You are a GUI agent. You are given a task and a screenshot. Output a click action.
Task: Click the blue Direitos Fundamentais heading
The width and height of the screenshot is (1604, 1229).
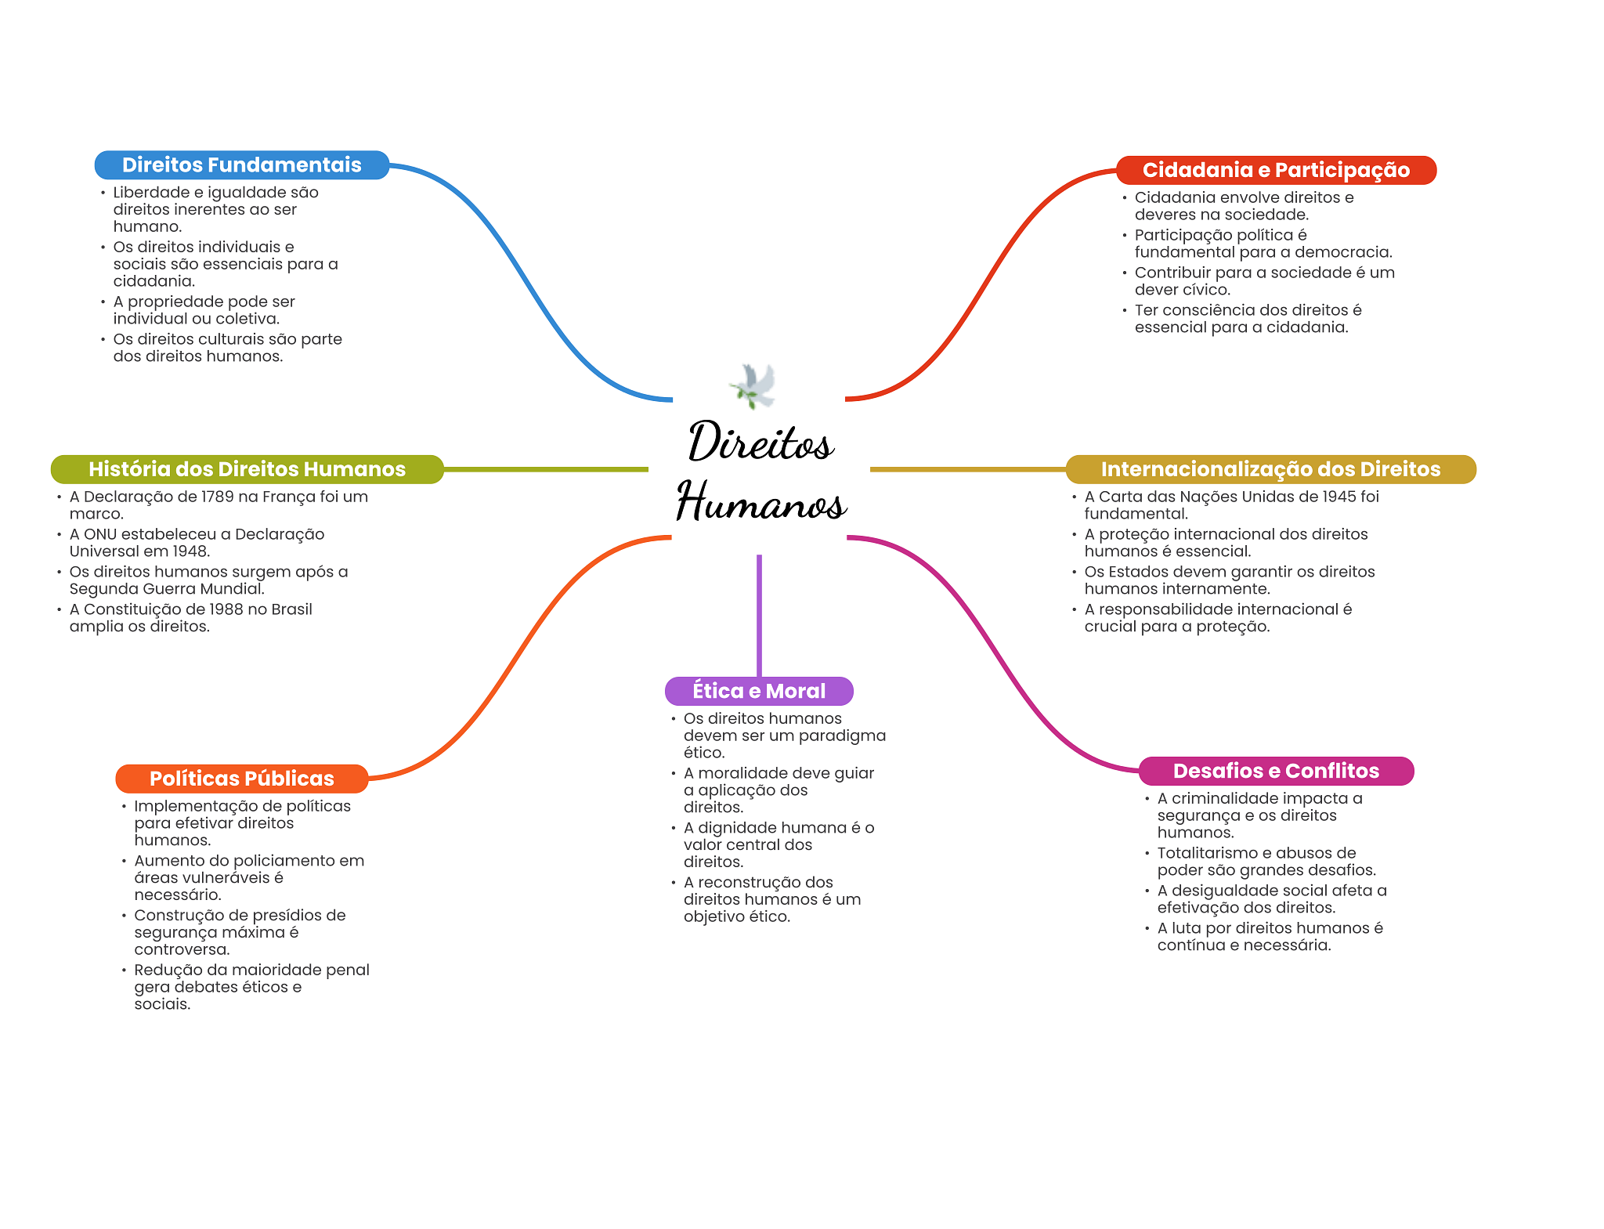click(241, 165)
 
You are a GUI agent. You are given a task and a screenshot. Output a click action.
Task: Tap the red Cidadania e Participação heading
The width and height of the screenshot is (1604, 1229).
click(1276, 170)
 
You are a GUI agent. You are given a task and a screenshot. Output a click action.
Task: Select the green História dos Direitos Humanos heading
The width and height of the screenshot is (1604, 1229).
click(247, 469)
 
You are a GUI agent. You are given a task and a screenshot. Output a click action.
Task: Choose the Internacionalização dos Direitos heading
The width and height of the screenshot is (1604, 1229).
click(1270, 469)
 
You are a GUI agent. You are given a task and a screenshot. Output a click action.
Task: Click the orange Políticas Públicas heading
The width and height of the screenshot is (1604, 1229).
click(241, 779)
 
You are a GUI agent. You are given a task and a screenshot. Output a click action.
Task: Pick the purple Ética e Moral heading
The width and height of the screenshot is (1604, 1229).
click(759, 691)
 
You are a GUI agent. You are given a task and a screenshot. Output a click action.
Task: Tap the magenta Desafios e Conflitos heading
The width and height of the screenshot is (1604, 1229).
click(1276, 771)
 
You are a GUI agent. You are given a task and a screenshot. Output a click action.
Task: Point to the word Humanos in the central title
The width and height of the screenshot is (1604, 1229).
click(761, 502)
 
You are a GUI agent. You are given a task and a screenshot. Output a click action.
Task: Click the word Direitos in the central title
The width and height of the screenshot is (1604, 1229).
click(760, 443)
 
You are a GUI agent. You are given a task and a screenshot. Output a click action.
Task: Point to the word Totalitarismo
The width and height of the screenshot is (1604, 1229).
click(1207, 853)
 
